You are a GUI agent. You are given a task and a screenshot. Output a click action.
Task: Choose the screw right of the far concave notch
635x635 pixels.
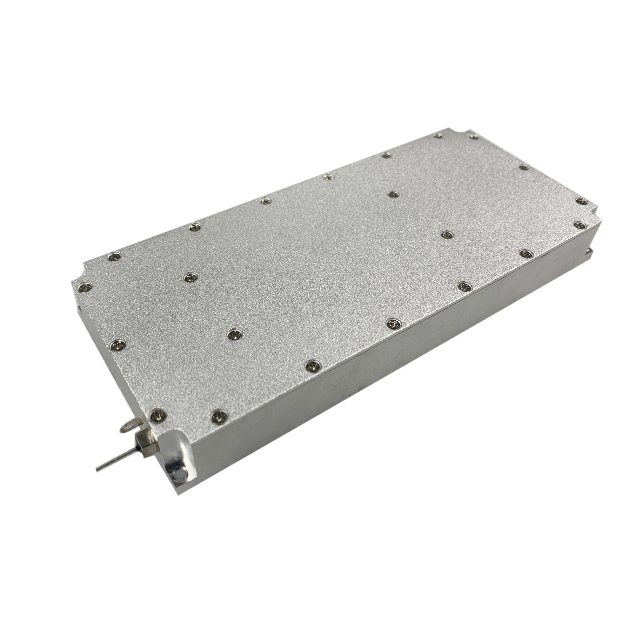coord(474,137)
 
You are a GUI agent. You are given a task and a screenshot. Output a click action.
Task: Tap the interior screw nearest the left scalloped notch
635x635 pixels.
coord(190,278)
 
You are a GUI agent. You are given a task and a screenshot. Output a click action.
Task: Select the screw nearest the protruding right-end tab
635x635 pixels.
coord(580,225)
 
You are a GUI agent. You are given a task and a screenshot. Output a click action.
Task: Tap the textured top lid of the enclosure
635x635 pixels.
coord(312,263)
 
